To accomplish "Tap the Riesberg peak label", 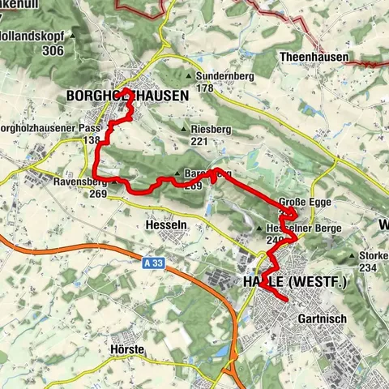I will pyautogui.click(x=211, y=129).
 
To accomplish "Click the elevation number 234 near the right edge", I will pyautogui.click(x=369, y=267).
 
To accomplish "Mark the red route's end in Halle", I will pyautogui.click(x=287, y=301).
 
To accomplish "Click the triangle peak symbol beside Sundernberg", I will pyautogui.click(x=190, y=77).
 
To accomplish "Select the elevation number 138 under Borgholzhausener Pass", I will pyautogui.click(x=91, y=140).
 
